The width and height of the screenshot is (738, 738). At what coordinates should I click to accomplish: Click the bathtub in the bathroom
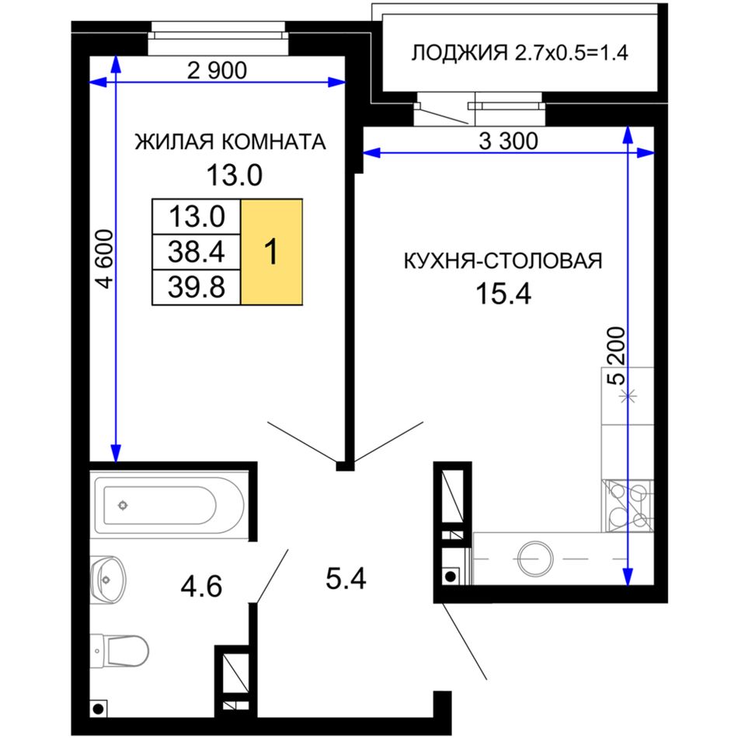169,506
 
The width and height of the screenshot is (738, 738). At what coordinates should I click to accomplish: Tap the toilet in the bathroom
120,651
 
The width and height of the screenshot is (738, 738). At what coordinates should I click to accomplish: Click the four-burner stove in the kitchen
628,506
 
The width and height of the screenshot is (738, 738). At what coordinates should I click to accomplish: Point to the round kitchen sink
535,559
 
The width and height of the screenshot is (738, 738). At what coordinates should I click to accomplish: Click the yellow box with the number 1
272,252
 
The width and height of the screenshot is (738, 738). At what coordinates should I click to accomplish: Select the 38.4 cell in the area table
197,252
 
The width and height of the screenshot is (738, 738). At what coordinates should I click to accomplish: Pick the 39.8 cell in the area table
197,287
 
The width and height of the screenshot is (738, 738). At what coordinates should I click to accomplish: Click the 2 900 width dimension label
217,71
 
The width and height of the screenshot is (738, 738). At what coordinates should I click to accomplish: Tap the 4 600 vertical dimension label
105,259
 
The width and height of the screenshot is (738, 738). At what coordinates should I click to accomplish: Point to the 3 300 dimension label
508,141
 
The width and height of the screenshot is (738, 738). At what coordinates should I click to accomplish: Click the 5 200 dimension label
617,356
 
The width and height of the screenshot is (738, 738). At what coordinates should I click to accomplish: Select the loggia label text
520,53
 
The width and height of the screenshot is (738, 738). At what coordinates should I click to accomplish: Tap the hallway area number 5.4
346,579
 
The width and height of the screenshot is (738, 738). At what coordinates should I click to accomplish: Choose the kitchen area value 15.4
503,294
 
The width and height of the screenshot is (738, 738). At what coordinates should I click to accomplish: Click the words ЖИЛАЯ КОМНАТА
230,141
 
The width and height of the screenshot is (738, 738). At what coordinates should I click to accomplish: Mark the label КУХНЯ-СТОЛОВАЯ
503,260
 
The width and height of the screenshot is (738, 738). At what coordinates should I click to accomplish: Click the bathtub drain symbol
123,506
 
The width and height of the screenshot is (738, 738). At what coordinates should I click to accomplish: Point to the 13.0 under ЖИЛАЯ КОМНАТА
234,176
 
